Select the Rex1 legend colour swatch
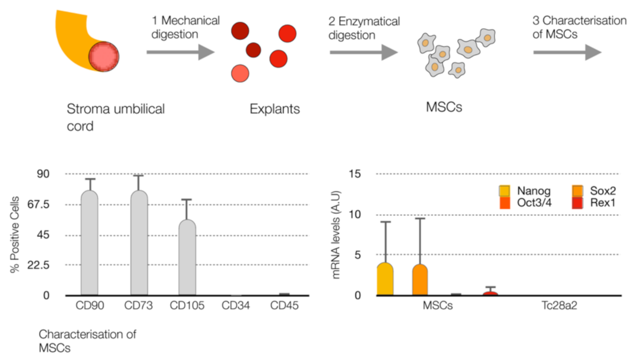tap(578, 203)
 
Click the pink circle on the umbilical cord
tap(104, 56)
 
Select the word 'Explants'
tap(275, 109)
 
